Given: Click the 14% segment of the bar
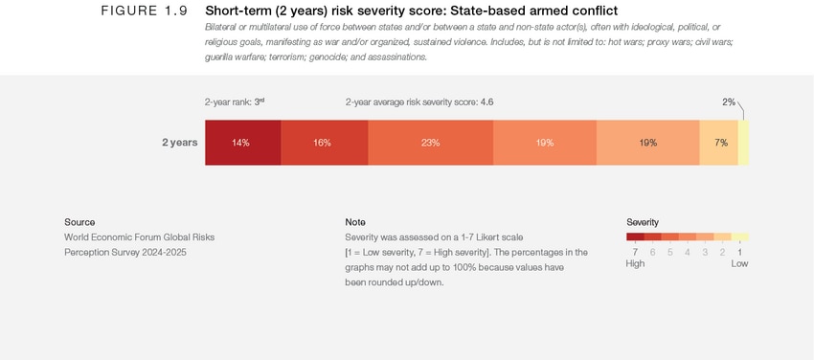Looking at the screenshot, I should (x=242, y=143).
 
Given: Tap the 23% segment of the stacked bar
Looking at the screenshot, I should (x=430, y=143).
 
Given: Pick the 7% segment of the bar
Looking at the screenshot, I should (x=719, y=143).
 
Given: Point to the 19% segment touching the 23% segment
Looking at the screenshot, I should (x=544, y=143).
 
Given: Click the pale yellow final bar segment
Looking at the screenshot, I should (x=743, y=143).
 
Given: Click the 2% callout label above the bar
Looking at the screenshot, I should (x=729, y=101).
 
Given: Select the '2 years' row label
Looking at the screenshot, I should (x=179, y=143).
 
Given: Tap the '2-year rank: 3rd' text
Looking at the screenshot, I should (x=234, y=101).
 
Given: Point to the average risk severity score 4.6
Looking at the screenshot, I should (x=486, y=101).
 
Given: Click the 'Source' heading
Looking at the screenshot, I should (x=79, y=222).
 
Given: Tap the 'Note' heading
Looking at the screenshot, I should (x=355, y=222).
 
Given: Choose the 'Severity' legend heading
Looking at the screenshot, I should (x=643, y=222).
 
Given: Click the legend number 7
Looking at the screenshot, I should (x=635, y=252).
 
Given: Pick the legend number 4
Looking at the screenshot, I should (x=688, y=252).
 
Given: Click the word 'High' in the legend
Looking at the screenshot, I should (x=636, y=263).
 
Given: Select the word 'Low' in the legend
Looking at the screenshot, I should (x=739, y=263).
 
